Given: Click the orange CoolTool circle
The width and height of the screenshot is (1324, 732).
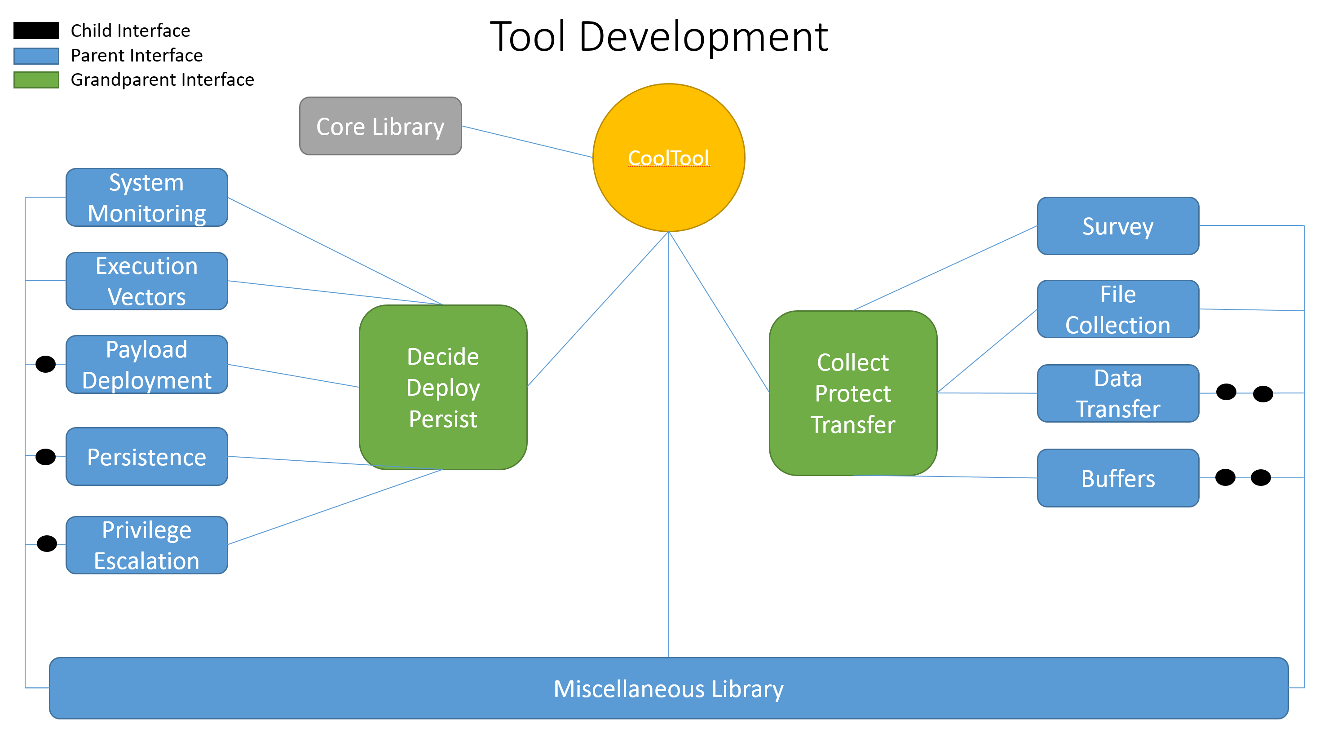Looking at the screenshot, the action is [x=669, y=157].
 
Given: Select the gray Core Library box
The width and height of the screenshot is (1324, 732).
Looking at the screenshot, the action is [x=380, y=126].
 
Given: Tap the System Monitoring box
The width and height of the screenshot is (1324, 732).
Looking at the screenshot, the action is [x=146, y=198].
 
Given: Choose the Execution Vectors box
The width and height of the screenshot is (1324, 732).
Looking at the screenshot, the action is [x=146, y=281].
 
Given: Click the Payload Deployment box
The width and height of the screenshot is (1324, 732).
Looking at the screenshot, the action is [x=146, y=365].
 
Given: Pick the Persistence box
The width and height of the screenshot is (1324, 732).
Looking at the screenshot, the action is [x=146, y=456].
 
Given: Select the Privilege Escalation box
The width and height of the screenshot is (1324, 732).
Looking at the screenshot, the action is [x=146, y=545].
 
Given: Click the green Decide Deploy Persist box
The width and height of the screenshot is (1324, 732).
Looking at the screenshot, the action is [x=443, y=387].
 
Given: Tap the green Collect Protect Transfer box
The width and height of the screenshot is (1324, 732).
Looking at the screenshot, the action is [x=853, y=393].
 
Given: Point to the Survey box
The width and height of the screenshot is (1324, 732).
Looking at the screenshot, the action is [x=1118, y=226].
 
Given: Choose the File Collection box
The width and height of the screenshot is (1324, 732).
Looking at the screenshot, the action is [x=1118, y=309].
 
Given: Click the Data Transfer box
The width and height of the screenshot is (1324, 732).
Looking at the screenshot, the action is [x=1118, y=393].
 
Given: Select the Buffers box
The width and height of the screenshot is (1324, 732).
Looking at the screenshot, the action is [x=1118, y=478].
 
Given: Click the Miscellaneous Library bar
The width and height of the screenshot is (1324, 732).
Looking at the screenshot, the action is [x=669, y=688].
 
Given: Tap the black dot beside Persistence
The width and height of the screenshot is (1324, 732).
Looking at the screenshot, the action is [x=45, y=456].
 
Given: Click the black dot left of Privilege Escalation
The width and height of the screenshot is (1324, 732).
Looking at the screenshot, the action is [x=47, y=543].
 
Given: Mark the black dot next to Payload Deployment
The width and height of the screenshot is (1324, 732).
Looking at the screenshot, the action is [x=45, y=364].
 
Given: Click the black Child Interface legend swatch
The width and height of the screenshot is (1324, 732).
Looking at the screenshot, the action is [x=36, y=31].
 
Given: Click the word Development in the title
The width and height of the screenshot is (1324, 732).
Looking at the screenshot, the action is [x=704, y=37].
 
